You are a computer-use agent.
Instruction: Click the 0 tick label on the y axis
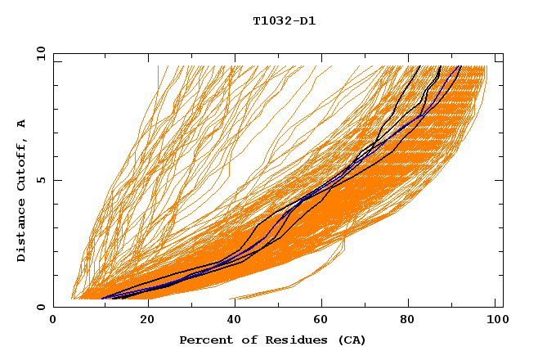tap(40, 307)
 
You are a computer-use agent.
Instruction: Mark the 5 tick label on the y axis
tap(40, 180)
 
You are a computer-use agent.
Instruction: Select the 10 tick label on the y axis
tap(38, 53)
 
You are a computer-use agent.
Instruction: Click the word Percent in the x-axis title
tap(204, 340)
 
